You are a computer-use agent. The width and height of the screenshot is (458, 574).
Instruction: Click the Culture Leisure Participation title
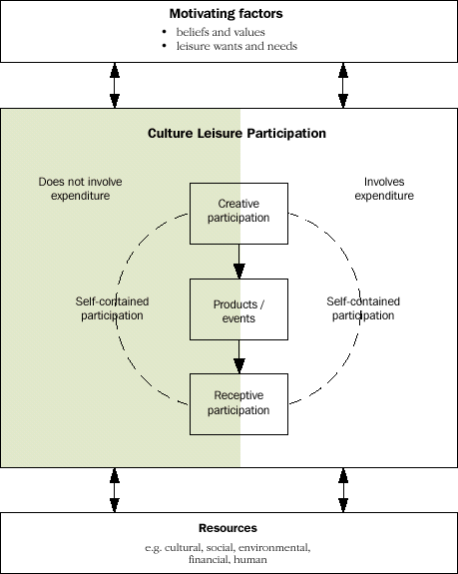236,133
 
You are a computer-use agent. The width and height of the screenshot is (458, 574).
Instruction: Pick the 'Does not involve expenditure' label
74,189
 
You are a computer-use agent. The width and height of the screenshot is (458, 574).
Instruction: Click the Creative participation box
238,212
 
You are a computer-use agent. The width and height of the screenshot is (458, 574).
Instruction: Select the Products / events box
238,311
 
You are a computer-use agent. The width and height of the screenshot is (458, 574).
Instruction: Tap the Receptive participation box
238,403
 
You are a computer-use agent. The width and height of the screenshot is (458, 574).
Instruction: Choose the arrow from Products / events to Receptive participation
238,356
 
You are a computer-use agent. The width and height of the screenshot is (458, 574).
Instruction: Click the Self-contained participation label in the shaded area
112,308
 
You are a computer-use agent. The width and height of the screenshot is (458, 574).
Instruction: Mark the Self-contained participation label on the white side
363,308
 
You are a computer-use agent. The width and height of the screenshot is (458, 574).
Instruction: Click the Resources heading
229,528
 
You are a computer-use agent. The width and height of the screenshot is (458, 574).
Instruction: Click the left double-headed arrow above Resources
115,489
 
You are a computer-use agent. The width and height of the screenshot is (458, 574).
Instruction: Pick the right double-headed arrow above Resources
343,489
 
